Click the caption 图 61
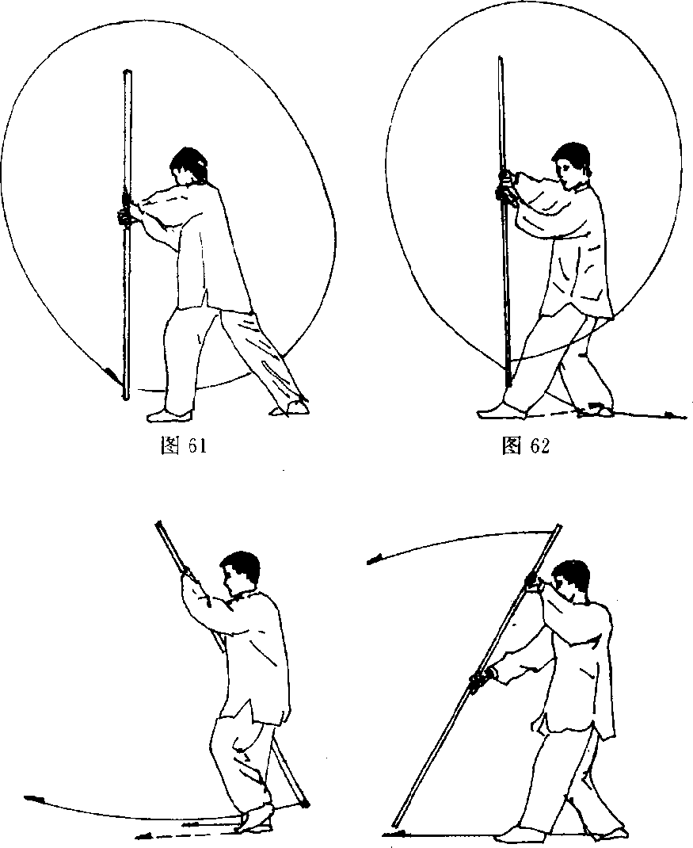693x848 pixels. click(184, 446)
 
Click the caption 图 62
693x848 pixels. click(525, 446)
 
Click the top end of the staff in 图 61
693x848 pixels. click(128, 72)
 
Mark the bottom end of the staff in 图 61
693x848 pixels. click(126, 398)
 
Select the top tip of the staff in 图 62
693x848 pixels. click(501, 59)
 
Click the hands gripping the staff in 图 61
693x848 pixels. click(126, 210)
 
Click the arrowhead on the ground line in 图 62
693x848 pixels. click(670, 415)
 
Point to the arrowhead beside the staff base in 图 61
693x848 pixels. click(112, 374)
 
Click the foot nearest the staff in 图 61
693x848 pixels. click(169, 415)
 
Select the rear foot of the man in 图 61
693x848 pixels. click(290, 408)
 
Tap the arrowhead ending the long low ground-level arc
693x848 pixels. click(33, 798)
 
